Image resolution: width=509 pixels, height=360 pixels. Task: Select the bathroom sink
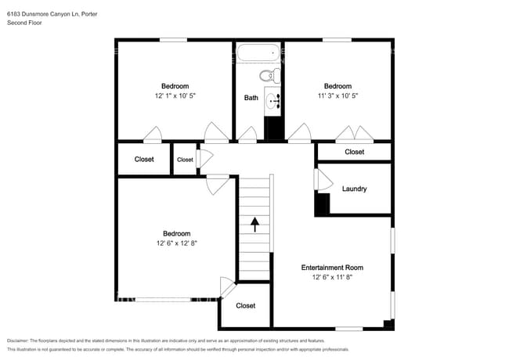point(273,100)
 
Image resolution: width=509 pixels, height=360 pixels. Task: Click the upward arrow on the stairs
point(255,225)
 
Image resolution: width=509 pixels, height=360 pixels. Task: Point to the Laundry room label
point(354,189)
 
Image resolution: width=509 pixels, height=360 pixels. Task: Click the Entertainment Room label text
point(332,268)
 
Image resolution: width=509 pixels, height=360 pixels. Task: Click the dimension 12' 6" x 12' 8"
point(176,243)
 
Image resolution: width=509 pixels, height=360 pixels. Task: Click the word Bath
point(251,98)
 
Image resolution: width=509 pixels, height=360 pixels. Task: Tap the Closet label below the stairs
point(246,305)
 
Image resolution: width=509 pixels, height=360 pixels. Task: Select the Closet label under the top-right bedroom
point(354,152)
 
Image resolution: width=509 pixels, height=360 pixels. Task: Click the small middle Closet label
point(185,160)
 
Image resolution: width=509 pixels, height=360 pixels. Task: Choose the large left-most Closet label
point(144,159)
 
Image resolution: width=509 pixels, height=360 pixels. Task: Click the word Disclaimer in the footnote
point(21,340)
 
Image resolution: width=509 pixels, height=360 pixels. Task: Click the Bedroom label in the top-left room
point(175,86)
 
